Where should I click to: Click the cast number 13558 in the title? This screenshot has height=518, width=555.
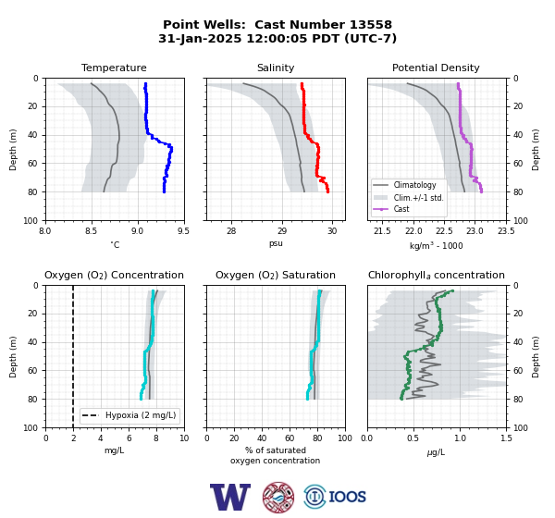click(x=371, y=25)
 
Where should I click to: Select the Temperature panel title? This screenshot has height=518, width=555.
click(x=114, y=68)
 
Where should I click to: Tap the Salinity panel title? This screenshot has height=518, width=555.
click(x=276, y=68)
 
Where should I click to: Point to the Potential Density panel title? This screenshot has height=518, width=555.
click(x=436, y=68)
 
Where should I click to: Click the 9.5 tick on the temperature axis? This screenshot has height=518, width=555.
click(x=183, y=231)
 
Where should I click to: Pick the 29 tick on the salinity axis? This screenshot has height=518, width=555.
click(x=282, y=231)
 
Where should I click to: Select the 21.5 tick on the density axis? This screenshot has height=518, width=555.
click(x=382, y=231)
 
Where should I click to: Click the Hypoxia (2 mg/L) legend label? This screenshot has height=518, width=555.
click(x=141, y=415)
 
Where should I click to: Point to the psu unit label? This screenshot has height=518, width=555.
click(x=276, y=244)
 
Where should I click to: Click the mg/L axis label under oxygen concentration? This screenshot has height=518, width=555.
click(x=114, y=450)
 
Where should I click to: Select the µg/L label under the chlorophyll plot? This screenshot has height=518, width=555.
click(x=436, y=452)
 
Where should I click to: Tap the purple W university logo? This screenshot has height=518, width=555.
click(x=230, y=497)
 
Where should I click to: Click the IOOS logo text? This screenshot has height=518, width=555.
click(x=347, y=497)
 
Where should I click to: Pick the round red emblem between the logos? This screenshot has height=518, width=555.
click(x=278, y=497)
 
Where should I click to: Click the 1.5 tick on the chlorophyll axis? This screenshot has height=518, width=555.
click(x=506, y=438)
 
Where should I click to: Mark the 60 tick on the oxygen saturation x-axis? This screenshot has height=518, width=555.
click(x=290, y=438)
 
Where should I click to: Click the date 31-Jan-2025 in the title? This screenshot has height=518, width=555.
click(x=200, y=38)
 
